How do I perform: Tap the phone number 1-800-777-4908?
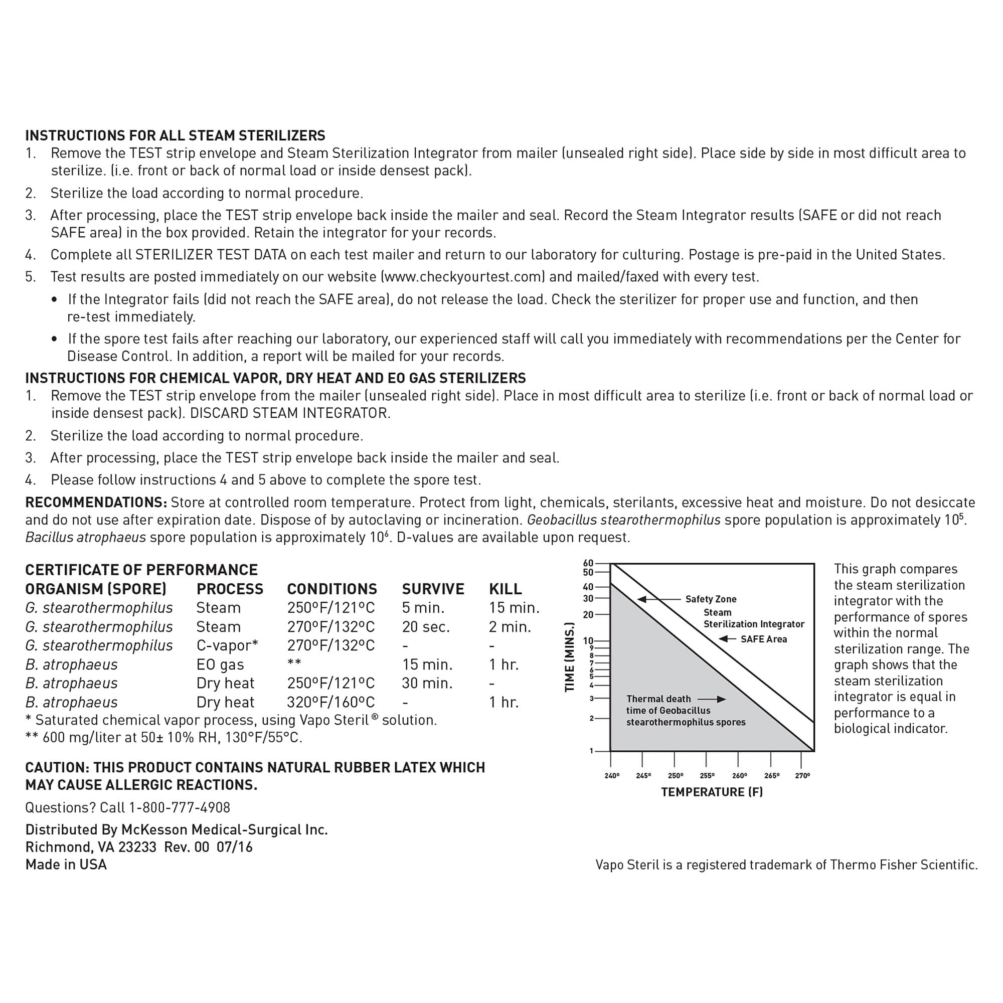click(179, 807)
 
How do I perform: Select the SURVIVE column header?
click(433, 589)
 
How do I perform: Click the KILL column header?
click(505, 589)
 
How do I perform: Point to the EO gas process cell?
click(220, 664)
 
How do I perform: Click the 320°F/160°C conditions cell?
click(330, 702)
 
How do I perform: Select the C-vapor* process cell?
click(227, 645)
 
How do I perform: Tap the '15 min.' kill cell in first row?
click(514, 607)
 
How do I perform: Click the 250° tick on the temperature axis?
click(675, 776)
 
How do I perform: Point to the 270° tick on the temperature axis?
click(802, 776)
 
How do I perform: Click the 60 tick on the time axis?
click(588, 563)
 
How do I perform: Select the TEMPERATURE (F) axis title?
click(712, 792)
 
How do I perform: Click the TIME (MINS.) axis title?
click(570, 657)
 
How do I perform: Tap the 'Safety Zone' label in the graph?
click(711, 599)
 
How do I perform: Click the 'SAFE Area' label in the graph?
click(763, 639)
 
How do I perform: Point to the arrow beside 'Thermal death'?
click(711, 699)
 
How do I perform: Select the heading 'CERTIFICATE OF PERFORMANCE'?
click(141, 570)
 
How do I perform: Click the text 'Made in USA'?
click(66, 865)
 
